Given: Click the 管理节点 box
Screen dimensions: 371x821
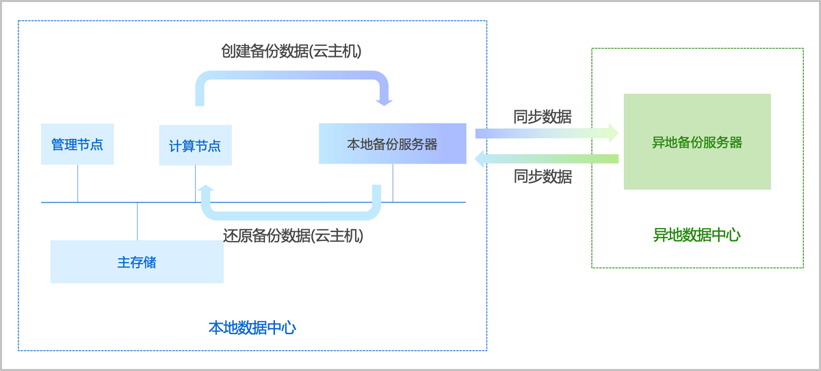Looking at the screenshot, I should point(77,144).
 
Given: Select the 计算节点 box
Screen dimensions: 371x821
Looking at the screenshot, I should point(195,145).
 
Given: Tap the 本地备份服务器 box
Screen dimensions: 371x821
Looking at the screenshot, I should point(392,144).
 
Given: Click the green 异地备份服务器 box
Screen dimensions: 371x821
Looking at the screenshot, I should point(697,142).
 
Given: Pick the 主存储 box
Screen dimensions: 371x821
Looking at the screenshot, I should point(137,261).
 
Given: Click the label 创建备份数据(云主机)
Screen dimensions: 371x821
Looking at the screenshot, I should point(291,51).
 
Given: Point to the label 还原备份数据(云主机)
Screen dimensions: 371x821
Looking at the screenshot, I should point(293,236).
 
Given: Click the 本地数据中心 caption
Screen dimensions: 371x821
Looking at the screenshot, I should point(252,327).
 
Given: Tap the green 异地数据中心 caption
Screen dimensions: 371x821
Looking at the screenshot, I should point(696,235).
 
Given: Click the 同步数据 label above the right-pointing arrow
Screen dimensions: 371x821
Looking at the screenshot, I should point(543,116).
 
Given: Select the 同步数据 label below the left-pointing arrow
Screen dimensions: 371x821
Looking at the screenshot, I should point(543,177).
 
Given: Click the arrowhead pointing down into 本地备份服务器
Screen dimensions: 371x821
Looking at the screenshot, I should point(385,102).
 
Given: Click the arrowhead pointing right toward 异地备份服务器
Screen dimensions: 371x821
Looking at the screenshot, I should point(612,133).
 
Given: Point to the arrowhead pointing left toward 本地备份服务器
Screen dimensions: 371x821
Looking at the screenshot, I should point(481,159).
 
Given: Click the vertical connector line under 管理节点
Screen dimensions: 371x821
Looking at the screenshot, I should point(77,183).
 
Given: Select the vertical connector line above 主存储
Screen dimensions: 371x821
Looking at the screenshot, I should point(138,221).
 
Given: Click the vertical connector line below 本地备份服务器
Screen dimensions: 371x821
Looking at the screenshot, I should point(393,183).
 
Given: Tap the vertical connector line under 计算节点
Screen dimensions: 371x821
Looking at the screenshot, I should point(195,183).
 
